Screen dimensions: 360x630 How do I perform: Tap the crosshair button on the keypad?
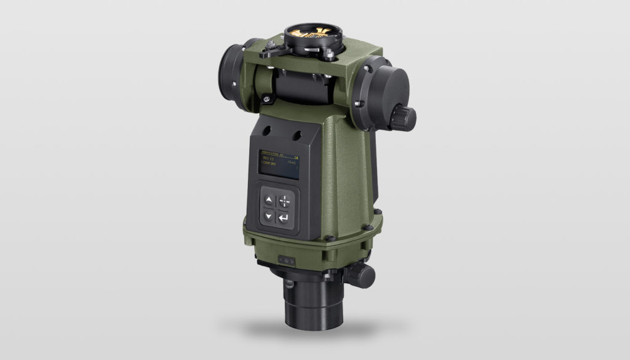coord(284,201)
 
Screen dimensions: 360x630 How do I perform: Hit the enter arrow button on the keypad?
coord(283,218)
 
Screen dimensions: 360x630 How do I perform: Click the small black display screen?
coord(276,165)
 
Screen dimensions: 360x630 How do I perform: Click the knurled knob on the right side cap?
coord(405,118)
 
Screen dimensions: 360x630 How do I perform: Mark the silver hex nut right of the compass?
coord(332,54)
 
